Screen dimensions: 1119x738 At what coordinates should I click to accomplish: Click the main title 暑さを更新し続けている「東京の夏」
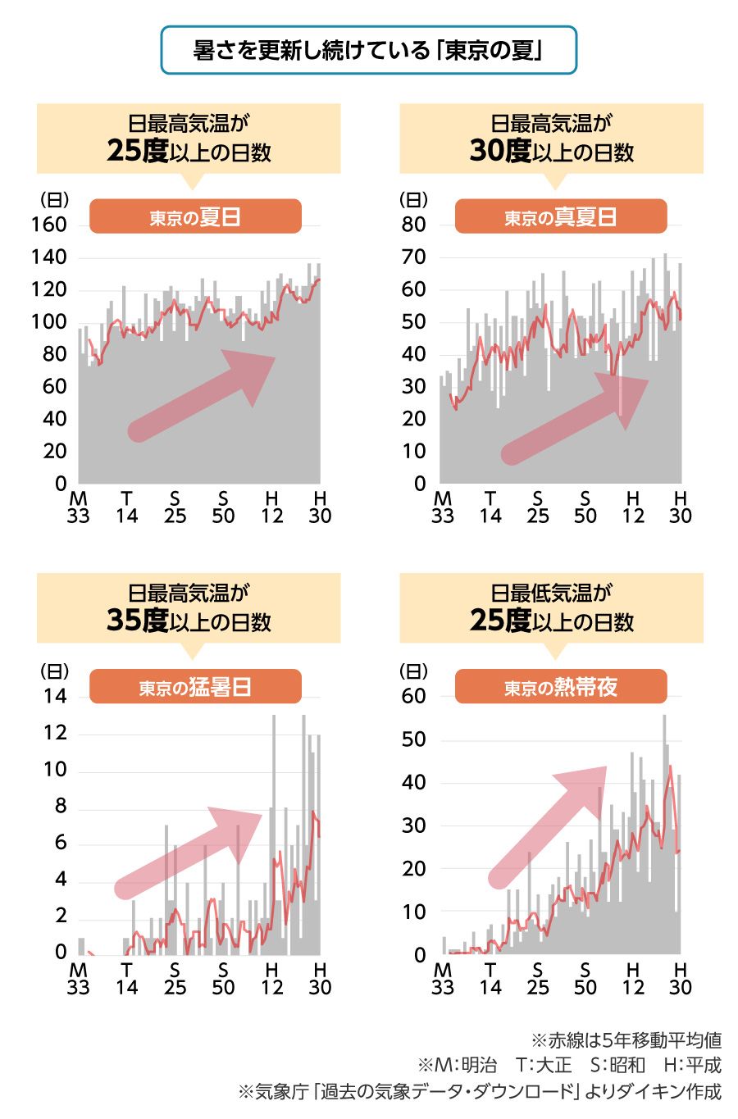pos(368,51)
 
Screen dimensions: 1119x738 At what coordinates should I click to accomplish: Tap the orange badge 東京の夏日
pos(195,217)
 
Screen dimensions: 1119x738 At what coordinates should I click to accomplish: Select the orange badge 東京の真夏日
pos(560,217)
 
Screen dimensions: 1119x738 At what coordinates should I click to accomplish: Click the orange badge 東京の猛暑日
pos(195,687)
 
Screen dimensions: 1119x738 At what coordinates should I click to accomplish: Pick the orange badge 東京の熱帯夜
pos(560,687)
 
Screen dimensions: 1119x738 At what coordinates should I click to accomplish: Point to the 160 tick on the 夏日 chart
pos(49,225)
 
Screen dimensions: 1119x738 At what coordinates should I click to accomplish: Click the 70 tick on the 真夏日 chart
pos(414,257)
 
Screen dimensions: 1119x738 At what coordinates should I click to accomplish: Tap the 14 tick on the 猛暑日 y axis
pos(55,697)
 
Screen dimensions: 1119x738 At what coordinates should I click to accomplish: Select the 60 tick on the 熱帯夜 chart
pos(414,697)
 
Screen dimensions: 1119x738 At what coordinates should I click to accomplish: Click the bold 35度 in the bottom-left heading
pos(137,621)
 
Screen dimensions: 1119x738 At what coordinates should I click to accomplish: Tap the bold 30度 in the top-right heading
pos(500,151)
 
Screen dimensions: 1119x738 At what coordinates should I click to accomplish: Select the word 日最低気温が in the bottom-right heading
pos(551,593)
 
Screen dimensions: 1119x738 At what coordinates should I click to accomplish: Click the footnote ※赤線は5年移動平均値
pos(626,1040)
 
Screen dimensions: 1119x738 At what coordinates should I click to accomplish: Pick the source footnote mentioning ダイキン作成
pos(480,1091)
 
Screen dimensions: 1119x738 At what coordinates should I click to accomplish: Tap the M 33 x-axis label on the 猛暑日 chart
pos(78,977)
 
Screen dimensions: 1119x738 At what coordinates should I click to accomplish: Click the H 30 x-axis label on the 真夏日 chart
pos(680,507)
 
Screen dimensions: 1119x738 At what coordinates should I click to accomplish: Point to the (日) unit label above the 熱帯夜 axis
pos(413,671)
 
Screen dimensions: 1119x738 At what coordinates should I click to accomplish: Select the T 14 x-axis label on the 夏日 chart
pos(126,507)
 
